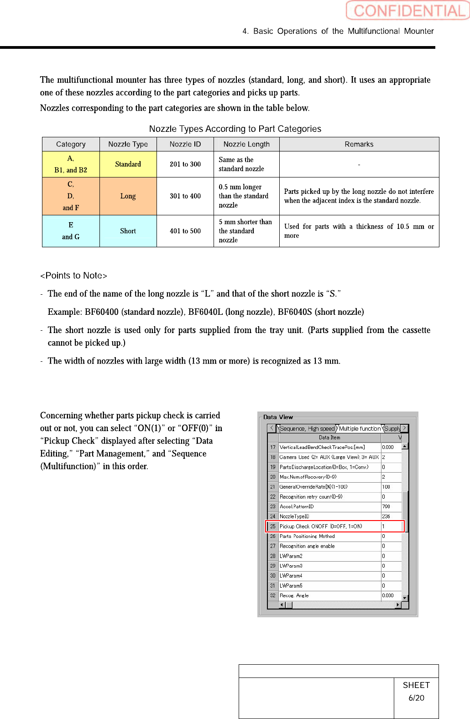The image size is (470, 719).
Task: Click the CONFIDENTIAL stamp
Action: pyautogui.click(x=407, y=10)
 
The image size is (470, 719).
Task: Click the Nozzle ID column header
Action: pyautogui.click(x=185, y=144)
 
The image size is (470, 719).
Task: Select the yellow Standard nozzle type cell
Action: pyautogui.click(x=128, y=164)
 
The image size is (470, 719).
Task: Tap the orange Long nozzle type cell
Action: pyautogui.click(x=128, y=196)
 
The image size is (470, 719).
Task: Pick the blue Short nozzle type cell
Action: pyautogui.click(x=128, y=231)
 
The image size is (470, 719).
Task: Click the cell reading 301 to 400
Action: pyautogui.click(x=185, y=196)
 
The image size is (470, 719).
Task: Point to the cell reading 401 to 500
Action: pyautogui.click(x=185, y=231)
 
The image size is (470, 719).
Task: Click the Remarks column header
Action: pyautogui.click(x=359, y=144)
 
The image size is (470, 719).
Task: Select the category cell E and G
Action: pyautogui.click(x=71, y=231)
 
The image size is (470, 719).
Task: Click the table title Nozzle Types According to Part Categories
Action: pyautogui.click(x=235, y=129)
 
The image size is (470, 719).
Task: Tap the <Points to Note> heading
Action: pyautogui.click(x=73, y=276)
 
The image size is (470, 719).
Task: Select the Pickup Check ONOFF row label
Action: pyautogui.click(x=321, y=526)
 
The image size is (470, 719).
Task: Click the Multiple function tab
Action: pyautogui.click(x=360, y=428)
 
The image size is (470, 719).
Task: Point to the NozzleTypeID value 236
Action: pyautogui.click(x=386, y=516)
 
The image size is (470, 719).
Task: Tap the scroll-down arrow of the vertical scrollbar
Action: pyautogui.click(x=405, y=597)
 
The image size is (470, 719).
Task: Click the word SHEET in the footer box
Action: pyautogui.click(x=416, y=685)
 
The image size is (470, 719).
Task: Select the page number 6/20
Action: pyautogui.click(x=416, y=698)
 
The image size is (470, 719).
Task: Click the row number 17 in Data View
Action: pyautogui.click(x=273, y=448)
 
